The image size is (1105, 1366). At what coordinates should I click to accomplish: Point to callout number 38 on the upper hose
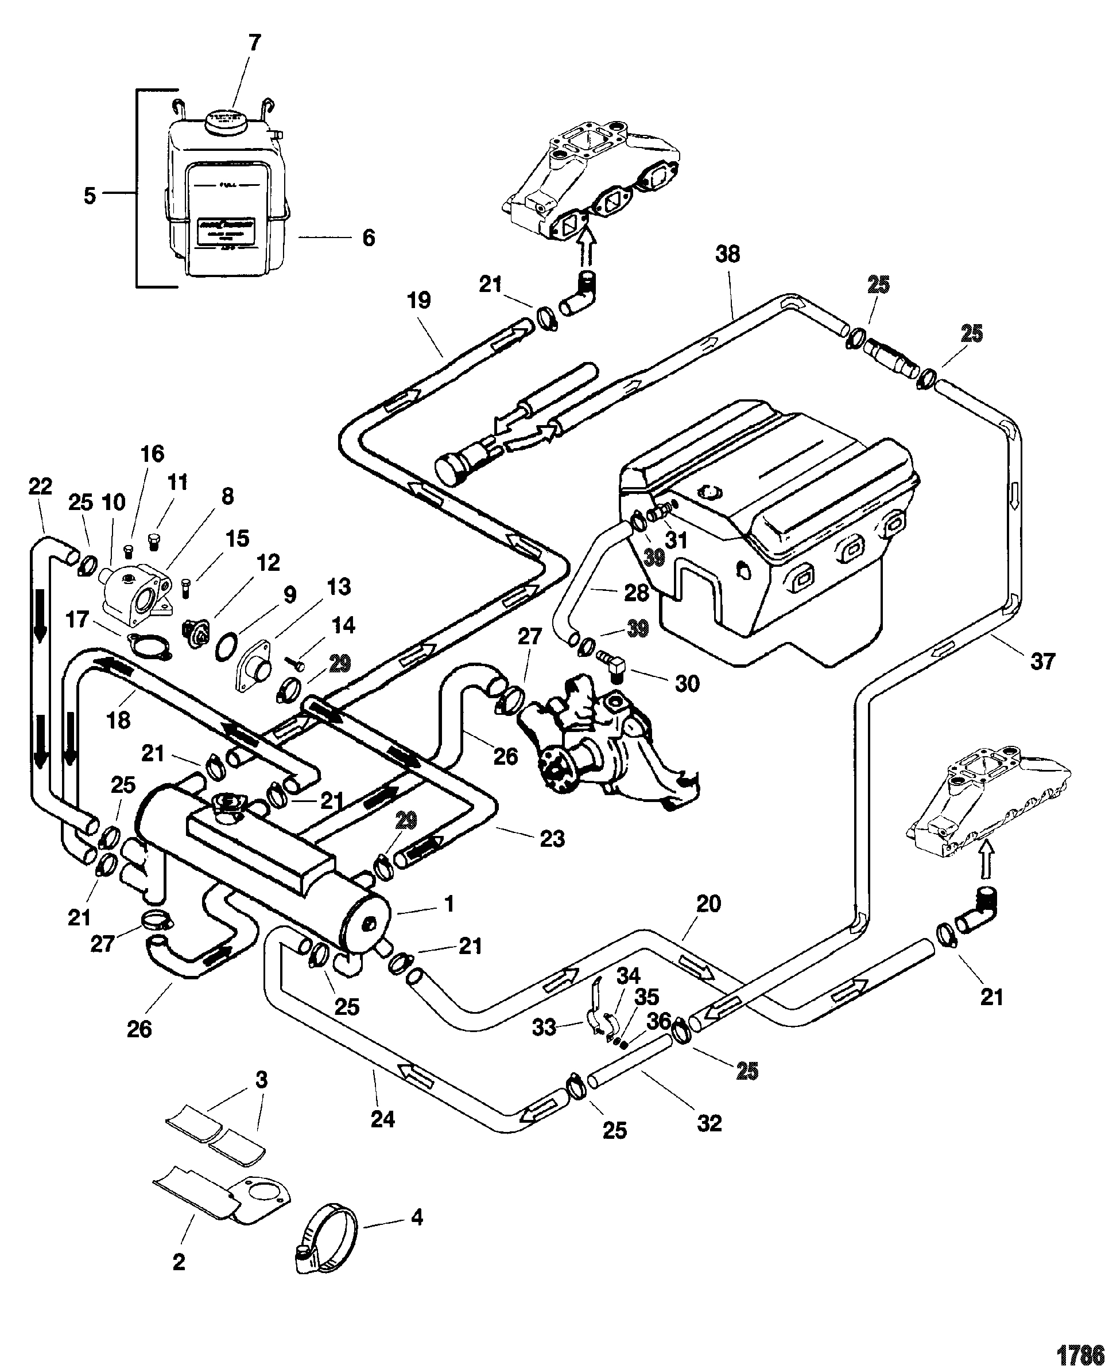(x=727, y=255)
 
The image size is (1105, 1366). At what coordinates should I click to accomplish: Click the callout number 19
(x=419, y=300)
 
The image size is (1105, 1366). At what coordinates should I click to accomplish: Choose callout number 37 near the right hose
(x=1042, y=661)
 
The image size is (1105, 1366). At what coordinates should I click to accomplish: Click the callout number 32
(x=709, y=1123)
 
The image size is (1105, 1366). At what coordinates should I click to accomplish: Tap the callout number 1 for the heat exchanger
(x=449, y=904)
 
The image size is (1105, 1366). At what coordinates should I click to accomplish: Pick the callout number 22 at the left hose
(x=40, y=487)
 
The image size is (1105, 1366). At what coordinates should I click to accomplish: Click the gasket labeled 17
(x=145, y=644)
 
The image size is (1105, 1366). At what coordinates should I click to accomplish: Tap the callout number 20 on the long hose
(x=708, y=904)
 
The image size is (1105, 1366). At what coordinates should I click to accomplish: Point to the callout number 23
(x=552, y=839)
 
